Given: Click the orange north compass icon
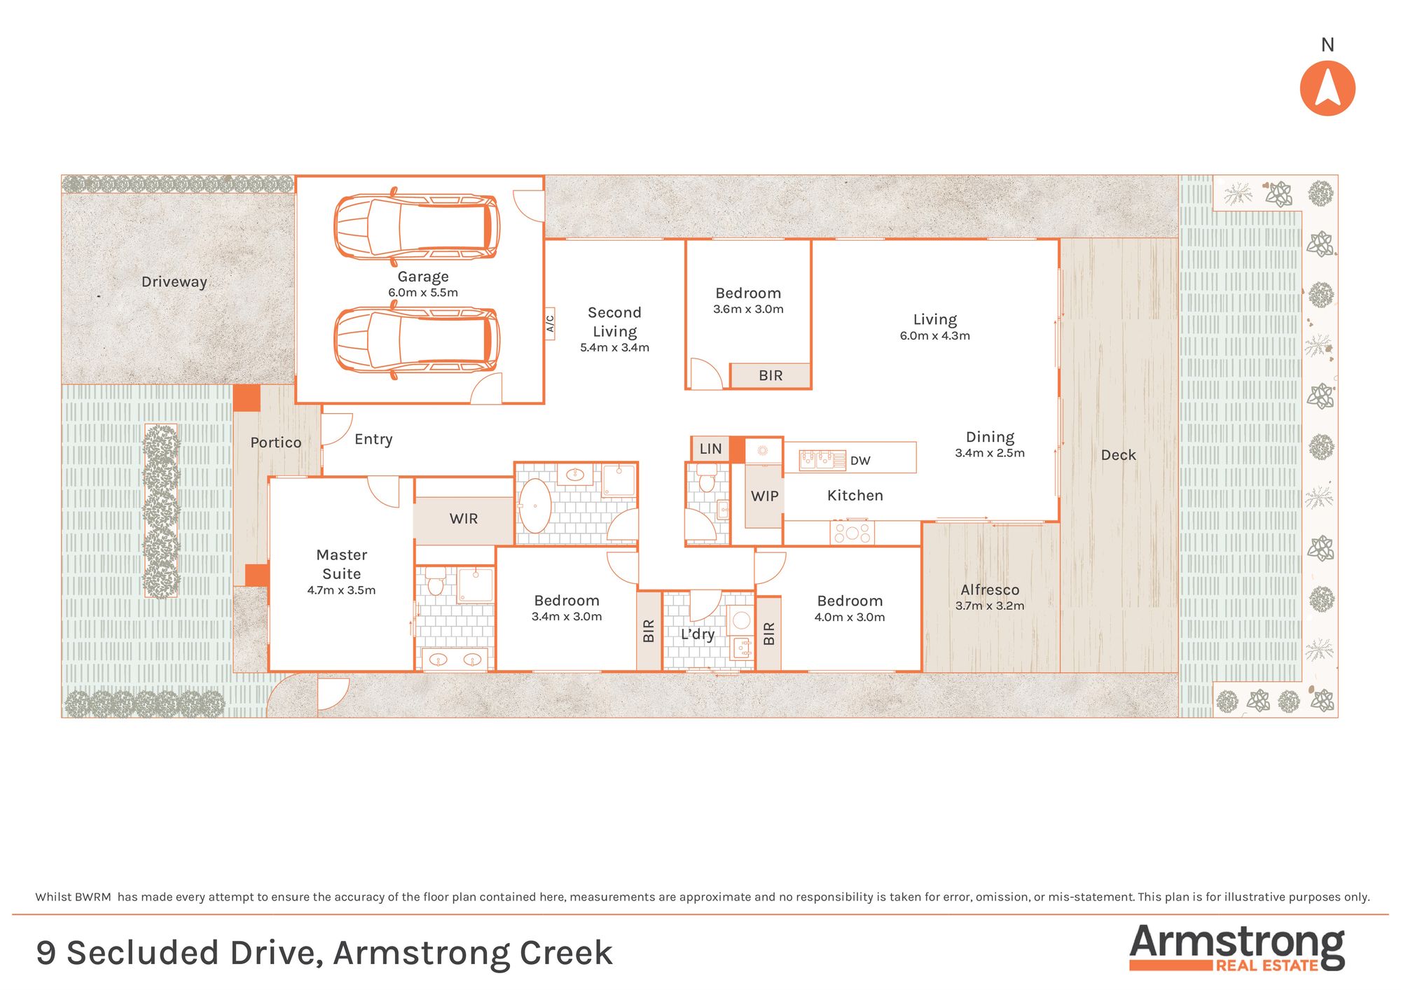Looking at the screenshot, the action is tap(1327, 88).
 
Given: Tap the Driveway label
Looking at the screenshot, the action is tap(174, 282).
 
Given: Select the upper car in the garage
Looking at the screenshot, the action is tap(417, 225).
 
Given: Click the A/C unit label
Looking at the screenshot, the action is tap(550, 323).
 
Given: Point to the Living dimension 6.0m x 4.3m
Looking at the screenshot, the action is tap(934, 336).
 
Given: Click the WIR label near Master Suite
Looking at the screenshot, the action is tap(464, 519).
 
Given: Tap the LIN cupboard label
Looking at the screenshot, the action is tap(710, 449).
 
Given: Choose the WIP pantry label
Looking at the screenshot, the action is tap(764, 496).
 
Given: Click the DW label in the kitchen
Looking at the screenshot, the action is tap(860, 461).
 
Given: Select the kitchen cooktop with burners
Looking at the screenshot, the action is tap(852, 533).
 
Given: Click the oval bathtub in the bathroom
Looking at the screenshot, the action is tap(534, 506).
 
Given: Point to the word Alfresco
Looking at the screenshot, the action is tap(990, 590).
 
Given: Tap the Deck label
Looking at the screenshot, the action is tap(1118, 455).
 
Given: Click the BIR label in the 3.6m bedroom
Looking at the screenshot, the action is tap(771, 376).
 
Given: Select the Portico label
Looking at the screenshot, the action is tap(276, 442).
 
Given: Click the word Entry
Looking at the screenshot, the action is tap(373, 440).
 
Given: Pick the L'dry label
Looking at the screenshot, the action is tap(698, 634).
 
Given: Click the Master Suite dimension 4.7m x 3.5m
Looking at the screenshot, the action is tap(341, 591).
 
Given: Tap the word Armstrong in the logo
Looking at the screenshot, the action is tap(1237, 944).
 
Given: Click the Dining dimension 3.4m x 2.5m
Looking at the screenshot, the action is tap(990, 453).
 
